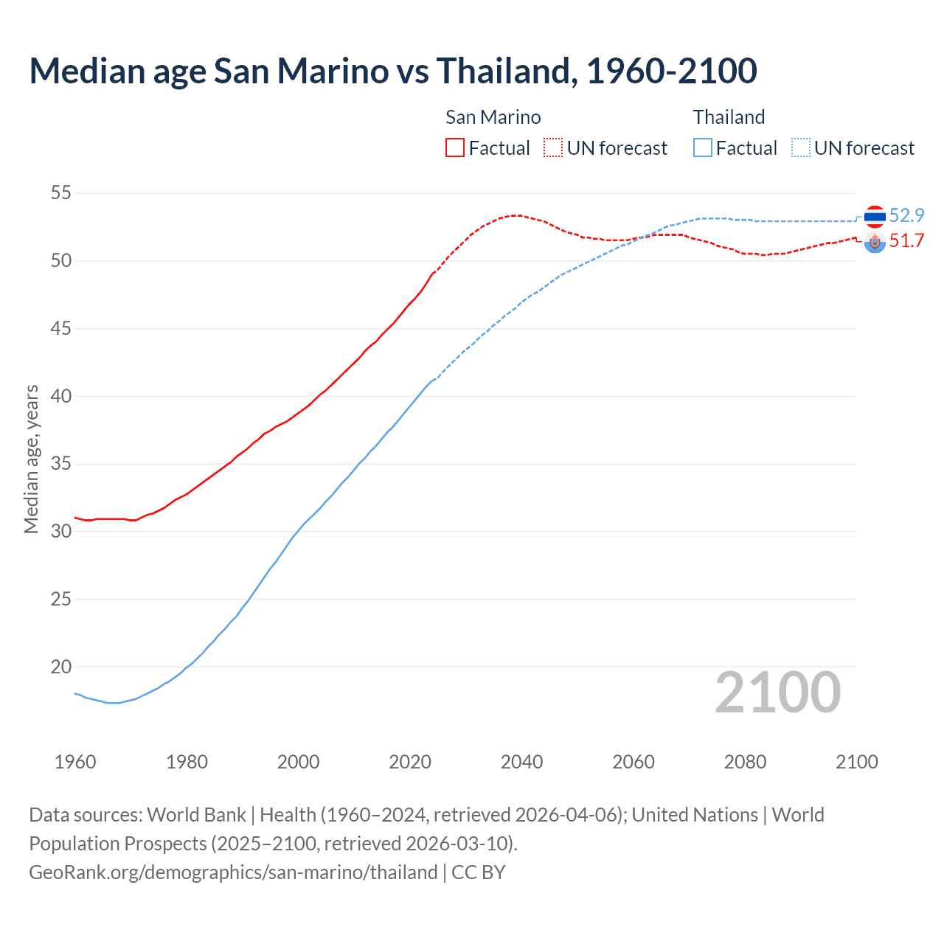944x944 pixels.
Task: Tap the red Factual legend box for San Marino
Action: tap(455, 148)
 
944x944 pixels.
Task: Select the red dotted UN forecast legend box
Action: tap(553, 148)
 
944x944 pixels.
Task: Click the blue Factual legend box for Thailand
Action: tap(703, 148)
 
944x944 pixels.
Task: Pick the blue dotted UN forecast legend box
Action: tap(801, 148)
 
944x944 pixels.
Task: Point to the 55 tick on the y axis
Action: tap(60, 193)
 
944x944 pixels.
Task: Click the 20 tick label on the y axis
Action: tap(60, 667)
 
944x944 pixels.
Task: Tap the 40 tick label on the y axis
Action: tap(60, 396)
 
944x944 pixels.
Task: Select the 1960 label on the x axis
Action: tap(75, 762)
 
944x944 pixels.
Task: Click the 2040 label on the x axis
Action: tap(521, 762)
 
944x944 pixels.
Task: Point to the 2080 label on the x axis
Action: tap(745, 762)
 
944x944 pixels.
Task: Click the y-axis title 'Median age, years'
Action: tap(31, 459)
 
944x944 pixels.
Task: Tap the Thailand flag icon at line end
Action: tap(875, 216)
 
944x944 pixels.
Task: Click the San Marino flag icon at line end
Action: tap(875, 242)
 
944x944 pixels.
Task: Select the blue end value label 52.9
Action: tap(906, 215)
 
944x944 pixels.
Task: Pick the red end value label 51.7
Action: tap(906, 241)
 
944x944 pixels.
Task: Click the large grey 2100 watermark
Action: tap(777, 693)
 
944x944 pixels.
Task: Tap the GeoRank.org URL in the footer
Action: tap(233, 872)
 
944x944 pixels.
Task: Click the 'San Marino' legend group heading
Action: tap(493, 117)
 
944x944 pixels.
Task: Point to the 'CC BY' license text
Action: tap(479, 872)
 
